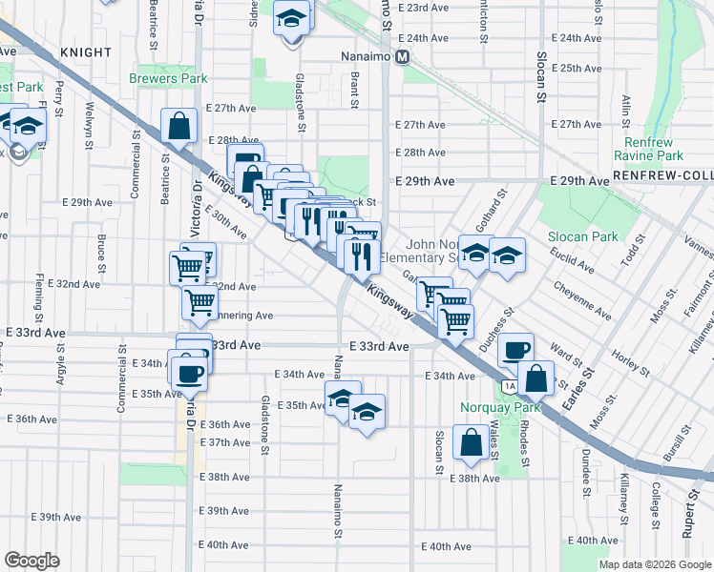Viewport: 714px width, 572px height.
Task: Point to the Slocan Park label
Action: tap(582, 236)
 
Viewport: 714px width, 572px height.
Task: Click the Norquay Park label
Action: tap(500, 407)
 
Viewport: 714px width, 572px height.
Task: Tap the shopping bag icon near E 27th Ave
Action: tap(179, 125)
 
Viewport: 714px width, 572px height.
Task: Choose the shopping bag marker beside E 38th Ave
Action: tap(472, 443)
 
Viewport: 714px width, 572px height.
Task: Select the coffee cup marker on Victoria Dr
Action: tap(186, 372)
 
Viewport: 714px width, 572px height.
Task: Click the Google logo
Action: tap(31, 561)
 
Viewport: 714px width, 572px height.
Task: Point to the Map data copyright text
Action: tap(655, 564)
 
